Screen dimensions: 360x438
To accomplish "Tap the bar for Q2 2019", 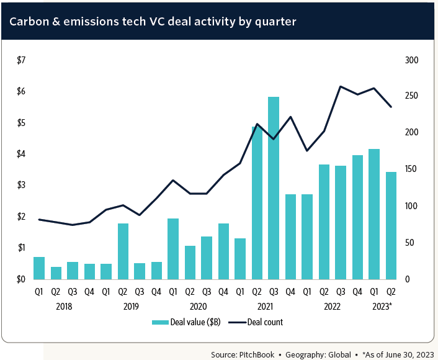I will [x=123, y=251].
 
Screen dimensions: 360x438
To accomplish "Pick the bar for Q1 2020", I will [x=173, y=248].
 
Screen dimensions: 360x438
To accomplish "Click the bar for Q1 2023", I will [x=373, y=214].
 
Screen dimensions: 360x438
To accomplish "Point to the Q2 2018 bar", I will [x=56, y=272].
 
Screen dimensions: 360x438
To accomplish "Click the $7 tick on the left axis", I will [x=21, y=60].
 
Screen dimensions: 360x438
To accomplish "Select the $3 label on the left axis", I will [x=21, y=185].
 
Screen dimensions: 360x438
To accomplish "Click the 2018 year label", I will [x=64, y=306].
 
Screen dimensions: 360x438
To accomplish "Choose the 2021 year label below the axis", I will [x=265, y=306].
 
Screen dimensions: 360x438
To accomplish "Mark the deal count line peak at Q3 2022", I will [x=341, y=87].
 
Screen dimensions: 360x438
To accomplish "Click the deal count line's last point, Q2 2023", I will [x=391, y=107].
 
